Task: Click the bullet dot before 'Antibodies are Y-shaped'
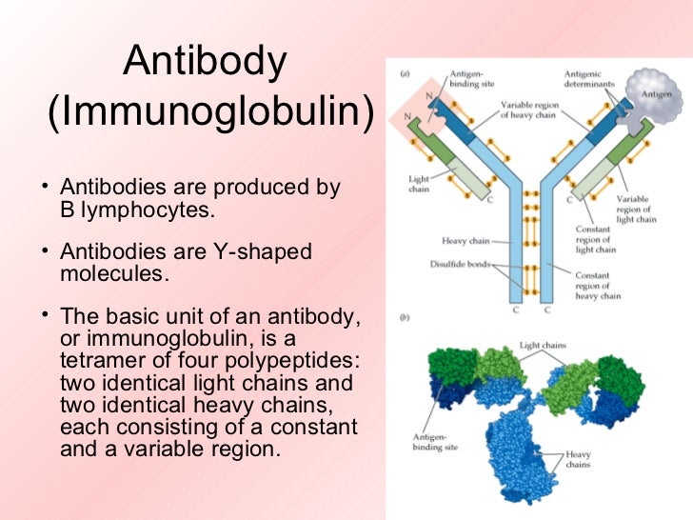coord(46,251)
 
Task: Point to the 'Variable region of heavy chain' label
coord(531,110)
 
